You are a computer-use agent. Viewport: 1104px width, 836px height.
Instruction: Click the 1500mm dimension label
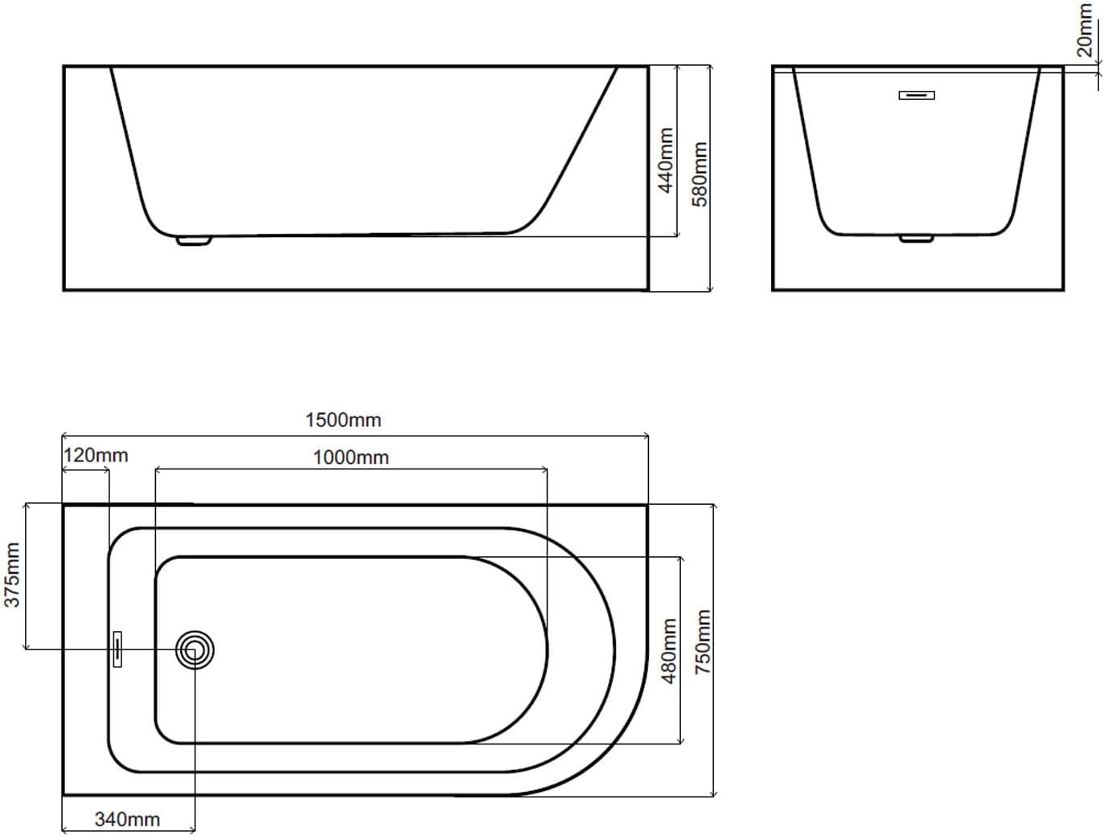(x=343, y=420)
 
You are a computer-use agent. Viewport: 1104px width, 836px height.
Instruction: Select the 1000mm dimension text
(x=351, y=457)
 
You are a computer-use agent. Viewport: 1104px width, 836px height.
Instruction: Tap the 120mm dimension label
(x=96, y=456)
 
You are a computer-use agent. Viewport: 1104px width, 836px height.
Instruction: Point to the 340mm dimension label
(x=128, y=819)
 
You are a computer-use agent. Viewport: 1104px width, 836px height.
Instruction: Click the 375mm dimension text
(x=11, y=575)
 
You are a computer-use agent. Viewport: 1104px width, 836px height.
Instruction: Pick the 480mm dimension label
(x=669, y=651)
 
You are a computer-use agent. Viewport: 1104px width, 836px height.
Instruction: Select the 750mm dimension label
(x=703, y=642)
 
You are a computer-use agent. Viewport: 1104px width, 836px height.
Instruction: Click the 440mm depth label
(x=666, y=160)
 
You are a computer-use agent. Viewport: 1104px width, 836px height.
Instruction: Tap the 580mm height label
(x=700, y=174)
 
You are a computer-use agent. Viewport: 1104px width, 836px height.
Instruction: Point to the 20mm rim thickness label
(x=1085, y=31)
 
